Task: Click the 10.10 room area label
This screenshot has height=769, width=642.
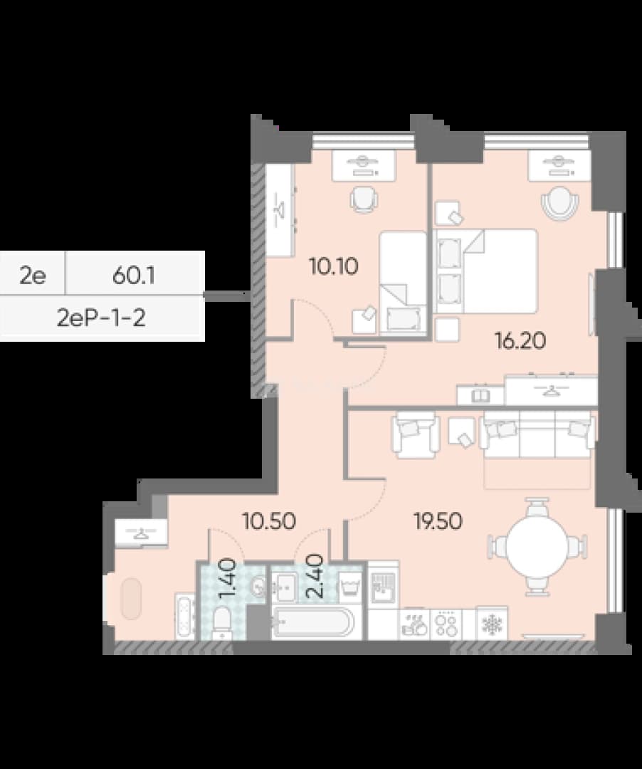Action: coord(333,267)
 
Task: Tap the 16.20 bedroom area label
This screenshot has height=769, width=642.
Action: coord(520,341)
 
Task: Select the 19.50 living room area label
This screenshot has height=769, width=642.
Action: coord(438,520)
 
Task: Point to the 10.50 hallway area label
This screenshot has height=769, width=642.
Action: coord(269,520)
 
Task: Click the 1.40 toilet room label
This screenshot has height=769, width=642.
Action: coord(228,580)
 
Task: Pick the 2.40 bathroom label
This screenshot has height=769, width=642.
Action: coord(314,576)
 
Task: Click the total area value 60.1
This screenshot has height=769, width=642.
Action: coord(134,276)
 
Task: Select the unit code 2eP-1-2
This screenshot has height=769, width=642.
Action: coord(102,319)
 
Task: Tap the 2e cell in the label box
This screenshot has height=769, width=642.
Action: coord(32,276)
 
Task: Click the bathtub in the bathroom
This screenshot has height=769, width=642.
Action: coord(313,622)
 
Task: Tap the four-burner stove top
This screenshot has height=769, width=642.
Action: coord(446,623)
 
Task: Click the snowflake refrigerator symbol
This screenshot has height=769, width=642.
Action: coord(492,623)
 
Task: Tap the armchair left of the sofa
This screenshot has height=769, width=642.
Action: coord(414,434)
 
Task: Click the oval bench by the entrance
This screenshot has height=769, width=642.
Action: coord(132,598)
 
